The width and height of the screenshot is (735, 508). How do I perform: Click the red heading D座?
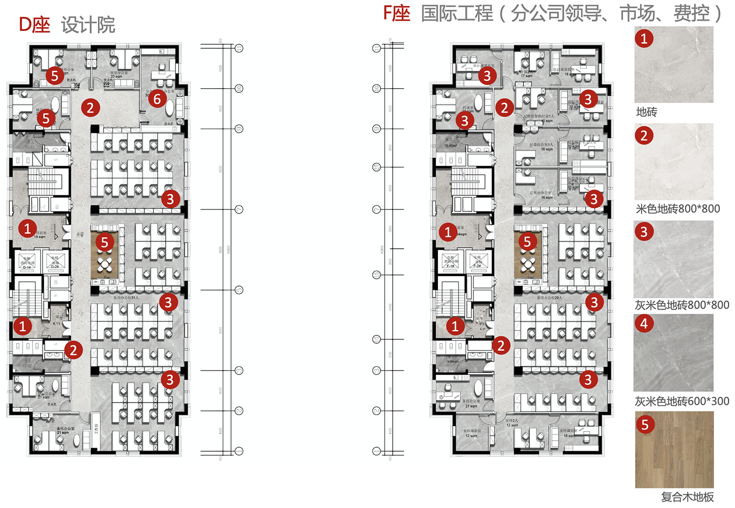click(x=35, y=25)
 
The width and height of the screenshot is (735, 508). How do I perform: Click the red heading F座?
click(x=396, y=13)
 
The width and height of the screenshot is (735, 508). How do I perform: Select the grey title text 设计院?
click(x=88, y=25)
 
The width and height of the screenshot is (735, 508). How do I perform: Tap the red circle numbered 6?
click(x=157, y=98)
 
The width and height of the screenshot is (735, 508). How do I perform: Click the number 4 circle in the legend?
click(x=644, y=323)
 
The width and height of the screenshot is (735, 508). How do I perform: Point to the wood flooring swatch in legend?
click(x=674, y=450)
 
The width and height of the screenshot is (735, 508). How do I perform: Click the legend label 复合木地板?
click(x=687, y=496)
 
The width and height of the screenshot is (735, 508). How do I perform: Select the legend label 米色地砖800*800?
click(x=678, y=209)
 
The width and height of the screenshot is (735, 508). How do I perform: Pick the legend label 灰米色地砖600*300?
click(x=681, y=401)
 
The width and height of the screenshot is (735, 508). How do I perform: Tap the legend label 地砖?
click(x=646, y=112)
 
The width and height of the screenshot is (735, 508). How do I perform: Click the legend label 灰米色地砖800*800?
click(x=681, y=305)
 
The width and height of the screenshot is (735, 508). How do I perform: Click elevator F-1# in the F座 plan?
click(x=450, y=261)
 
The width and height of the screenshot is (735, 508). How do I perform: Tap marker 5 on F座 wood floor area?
click(x=527, y=241)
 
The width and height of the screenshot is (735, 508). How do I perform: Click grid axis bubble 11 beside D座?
click(x=239, y=48)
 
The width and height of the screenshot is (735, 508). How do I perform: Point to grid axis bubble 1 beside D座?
click(x=239, y=451)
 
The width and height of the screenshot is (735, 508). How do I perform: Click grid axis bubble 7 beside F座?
click(x=376, y=209)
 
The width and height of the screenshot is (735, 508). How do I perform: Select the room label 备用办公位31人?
click(x=126, y=298)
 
